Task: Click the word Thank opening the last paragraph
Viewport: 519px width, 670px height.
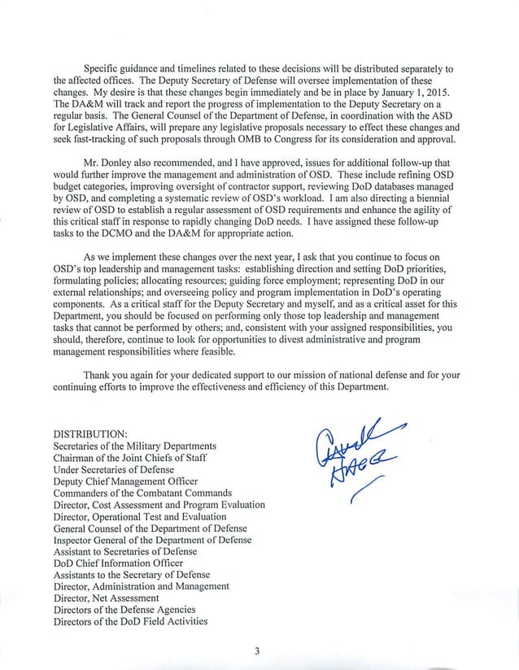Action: (98, 375)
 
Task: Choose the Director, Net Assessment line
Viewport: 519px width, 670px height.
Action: (106, 598)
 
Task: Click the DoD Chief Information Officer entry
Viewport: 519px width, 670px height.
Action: (112, 563)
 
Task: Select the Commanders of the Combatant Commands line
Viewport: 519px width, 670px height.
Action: (142, 493)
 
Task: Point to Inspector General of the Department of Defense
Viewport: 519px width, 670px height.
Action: (152, 540)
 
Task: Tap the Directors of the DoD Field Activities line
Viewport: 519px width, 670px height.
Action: (130, 621)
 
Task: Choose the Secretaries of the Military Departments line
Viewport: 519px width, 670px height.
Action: (134, 446)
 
